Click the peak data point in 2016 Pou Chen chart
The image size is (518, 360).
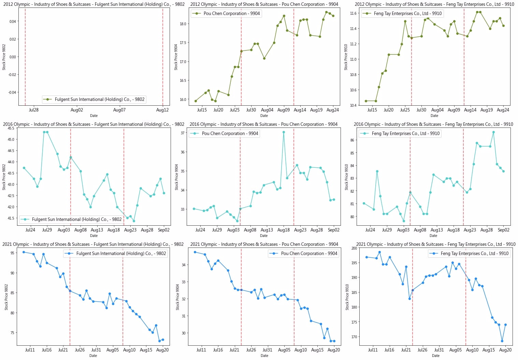284,132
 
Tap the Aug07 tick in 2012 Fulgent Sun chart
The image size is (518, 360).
119,110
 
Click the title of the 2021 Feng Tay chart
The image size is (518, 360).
435,244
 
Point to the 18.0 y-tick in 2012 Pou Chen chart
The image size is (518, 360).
183,24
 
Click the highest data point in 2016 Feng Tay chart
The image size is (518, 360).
493,132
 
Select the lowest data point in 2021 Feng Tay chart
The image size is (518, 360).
502,341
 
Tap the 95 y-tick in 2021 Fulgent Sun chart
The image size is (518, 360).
12,253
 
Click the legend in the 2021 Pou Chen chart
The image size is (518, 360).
303,253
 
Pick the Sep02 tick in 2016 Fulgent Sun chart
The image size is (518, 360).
164,230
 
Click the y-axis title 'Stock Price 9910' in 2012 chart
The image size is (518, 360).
346,57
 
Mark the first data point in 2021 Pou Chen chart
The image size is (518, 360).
195,252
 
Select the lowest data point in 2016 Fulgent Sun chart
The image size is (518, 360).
134,221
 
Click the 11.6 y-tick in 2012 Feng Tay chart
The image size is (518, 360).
353,13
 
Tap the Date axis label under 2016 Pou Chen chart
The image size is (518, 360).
264,236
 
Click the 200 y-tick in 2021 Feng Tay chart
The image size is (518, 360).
354,248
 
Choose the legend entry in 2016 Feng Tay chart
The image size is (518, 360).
400,133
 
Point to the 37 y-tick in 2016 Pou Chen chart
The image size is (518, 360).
183,133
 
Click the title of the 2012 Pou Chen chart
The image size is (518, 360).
264,4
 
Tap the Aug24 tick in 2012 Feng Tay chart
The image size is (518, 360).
503,110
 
